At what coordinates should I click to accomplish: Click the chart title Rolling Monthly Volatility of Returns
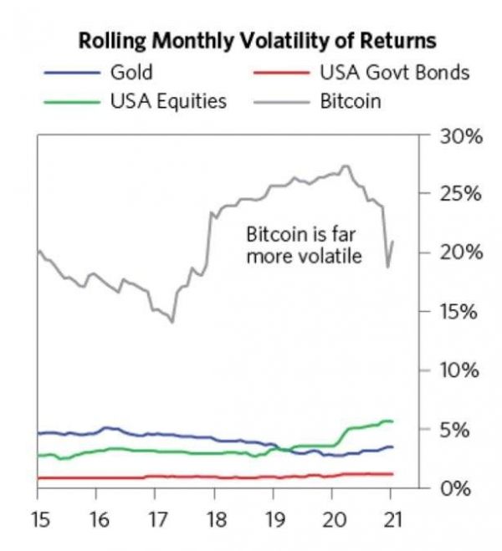pyautogui.click(x=257, y=40)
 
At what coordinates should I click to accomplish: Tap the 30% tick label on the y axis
pyautogui.click(x=461, y=136)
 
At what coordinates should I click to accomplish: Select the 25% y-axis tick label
pyautogui.click(x=461, y=194)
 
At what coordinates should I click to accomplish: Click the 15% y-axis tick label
pyautogui.click(x=461, y=312)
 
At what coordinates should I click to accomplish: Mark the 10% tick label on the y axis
pyautogui.click(x=461, y=370)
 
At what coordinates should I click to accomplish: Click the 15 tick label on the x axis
pyautogui.click(x=38, y=519)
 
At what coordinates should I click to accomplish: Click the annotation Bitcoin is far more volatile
pyautogui.click(x=304, y=244)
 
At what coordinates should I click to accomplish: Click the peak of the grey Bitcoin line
pyautogui.click(x=346, y=166)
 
